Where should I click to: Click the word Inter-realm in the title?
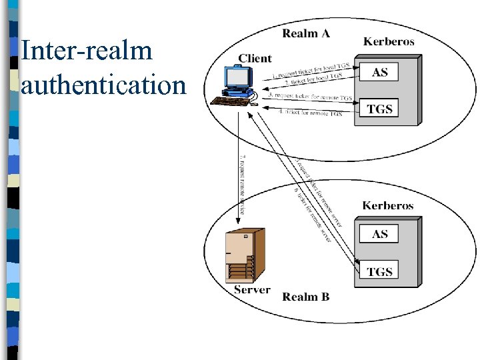point(87,51)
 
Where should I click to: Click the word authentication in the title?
point(103,85)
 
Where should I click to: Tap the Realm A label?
point(306,33)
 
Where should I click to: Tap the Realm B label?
point(306,297)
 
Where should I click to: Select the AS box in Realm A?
point(379,72)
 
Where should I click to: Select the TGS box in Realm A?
point(379,109)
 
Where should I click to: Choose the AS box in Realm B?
point(379,234)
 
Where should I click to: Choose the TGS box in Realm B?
point(379,271)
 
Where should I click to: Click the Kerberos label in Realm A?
point(389,41)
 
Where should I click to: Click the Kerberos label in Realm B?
point(388,205)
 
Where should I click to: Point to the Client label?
point(255,58)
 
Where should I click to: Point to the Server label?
point(252,290)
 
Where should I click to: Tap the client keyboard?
point(230,101)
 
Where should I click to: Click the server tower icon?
point(245,255)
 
